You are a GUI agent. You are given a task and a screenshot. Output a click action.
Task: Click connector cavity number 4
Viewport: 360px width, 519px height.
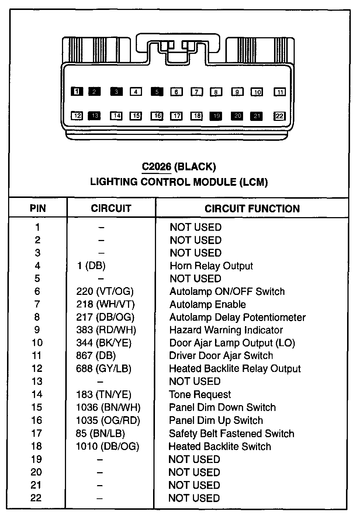coord(136,92)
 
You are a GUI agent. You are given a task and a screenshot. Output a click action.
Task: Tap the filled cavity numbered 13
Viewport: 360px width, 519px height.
coord(94,116)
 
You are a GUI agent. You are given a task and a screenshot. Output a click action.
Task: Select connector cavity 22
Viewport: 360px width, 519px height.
coord(280,116)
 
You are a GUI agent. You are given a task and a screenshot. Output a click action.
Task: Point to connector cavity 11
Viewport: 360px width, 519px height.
coord(280,92)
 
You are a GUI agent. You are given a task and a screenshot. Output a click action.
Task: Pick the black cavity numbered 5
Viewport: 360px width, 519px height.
coord(157,92)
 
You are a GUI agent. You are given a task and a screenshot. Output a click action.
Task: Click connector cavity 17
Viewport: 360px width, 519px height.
coord(177,116)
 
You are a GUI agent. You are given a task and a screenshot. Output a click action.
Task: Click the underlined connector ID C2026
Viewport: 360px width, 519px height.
coord(156,167)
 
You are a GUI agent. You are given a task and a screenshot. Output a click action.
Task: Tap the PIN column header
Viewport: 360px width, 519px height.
coord(38,209)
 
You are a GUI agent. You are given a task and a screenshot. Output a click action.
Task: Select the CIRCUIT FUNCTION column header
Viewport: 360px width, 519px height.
coord(252,209)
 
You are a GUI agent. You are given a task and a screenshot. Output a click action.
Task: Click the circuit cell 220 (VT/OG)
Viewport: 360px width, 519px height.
coord(105,292)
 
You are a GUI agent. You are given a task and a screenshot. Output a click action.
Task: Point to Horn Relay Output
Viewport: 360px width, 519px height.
coord(211,266)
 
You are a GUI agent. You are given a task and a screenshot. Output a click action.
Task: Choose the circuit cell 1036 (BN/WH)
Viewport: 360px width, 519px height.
coord(108,407)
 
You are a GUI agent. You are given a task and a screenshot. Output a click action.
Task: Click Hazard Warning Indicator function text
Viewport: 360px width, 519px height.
coord(226,330)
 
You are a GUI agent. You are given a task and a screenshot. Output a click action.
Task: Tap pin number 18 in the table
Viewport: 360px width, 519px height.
coord(37,446)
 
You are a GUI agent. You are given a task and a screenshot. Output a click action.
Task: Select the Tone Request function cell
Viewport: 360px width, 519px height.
coord(200,394)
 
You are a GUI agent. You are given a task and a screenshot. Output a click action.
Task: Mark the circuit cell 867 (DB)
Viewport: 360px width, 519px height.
coord(96,356)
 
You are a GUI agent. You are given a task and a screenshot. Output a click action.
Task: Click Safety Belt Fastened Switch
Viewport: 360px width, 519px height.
coord(231,433)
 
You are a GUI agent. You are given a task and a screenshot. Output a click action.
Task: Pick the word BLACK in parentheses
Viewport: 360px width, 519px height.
coord(195,167)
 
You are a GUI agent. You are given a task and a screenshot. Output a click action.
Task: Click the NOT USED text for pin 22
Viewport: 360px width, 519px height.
coord(194,498)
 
